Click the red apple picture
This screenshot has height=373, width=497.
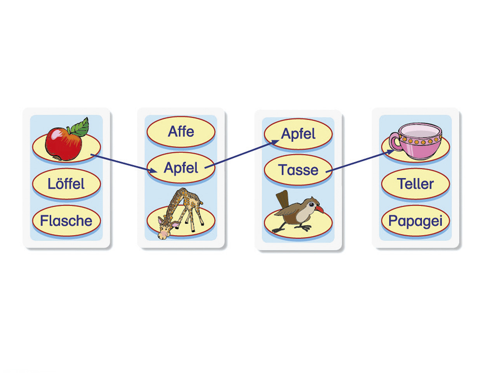(x=63, y=144)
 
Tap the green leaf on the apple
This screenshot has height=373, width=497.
(x=80, y=127)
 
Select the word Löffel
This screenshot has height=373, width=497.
(x=66, y=184)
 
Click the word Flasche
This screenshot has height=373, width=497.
(x=66, y=221)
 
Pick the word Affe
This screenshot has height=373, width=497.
(x=181, y=131)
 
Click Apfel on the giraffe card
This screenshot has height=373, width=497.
(x=181, y=168)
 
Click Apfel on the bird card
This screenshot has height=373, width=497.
(x=298, y=134)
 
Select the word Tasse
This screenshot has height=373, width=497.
(x=298, y=170)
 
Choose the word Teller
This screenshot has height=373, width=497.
(x=415, y=184)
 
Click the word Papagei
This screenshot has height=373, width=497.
(x=415, y=221)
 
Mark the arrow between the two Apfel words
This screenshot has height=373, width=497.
(x=241, y=155)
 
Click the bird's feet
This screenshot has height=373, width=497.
(x=295, y=228)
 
